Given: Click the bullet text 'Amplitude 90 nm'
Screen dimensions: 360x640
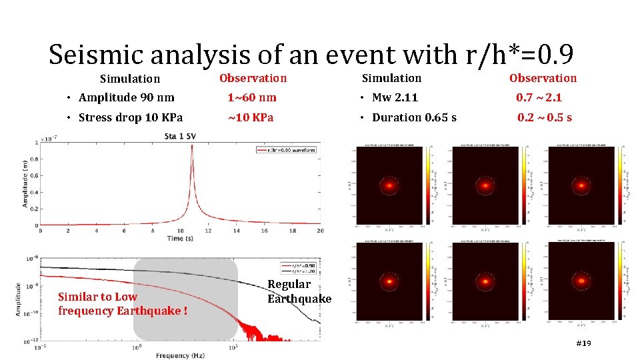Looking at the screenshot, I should click(126, 97).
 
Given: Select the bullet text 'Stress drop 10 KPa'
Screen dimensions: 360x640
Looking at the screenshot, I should click(130, 118).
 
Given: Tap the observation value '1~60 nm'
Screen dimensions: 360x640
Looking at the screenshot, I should click(251, 97).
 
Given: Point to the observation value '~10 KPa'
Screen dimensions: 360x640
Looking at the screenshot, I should click(251, 118).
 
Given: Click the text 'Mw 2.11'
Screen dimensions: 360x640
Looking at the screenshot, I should click(395, 97).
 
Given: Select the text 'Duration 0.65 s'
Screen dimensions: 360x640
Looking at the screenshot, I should click(414, 118).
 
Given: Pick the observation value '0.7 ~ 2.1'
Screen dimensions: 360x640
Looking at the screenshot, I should click(539, 97).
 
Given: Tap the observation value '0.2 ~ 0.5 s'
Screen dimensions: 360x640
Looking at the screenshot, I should click(545, 118).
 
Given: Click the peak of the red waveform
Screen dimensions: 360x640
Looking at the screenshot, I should click(192, 147).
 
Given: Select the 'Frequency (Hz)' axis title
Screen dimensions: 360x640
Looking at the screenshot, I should click(180, 355).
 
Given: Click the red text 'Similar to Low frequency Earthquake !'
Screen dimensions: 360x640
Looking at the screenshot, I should click(122, 304).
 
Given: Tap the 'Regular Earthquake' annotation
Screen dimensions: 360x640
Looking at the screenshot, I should click(299, 292).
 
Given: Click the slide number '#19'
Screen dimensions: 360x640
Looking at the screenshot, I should click(583, 343).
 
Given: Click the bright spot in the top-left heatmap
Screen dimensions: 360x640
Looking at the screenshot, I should click(389, 185).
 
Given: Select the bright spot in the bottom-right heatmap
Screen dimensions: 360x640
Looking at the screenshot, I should click(582, 281).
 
